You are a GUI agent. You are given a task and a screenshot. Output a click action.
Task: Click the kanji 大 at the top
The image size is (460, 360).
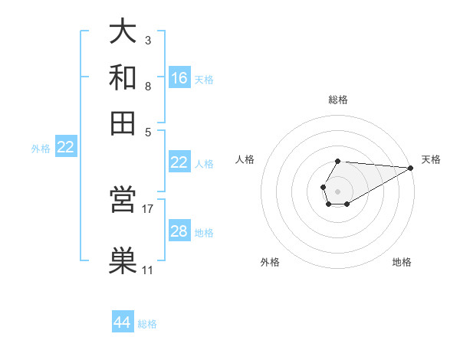coord(123,33)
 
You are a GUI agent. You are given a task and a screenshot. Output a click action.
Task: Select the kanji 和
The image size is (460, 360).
coord(123,78)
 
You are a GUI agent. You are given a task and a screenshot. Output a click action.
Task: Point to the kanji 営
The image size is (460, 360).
coord(123,202)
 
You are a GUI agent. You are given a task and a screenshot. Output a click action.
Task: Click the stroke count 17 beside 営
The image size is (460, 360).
coord(148,208)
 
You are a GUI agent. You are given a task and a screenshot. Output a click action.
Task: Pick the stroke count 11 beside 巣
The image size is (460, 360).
coord(148,270)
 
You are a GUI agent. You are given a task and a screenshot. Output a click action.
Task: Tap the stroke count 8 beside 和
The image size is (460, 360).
coord(148,86)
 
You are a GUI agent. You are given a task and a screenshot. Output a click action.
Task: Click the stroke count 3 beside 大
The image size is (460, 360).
coord(148,39)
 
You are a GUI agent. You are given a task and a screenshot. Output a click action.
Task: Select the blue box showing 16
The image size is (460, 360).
coord(179,78)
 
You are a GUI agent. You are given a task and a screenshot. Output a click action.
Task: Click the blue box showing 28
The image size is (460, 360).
coord(179,231)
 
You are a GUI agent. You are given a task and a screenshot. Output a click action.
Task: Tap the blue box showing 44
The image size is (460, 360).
coord(123,323)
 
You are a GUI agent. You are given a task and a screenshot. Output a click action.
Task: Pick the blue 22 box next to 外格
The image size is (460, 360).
coord(66,148)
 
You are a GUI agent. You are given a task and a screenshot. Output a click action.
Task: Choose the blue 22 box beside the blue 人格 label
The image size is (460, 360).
coord(179,162)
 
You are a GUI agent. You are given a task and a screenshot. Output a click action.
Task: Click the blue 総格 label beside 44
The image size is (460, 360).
coord(148,324)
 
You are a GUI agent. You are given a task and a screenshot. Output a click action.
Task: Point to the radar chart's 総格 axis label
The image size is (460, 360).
coord(338,100)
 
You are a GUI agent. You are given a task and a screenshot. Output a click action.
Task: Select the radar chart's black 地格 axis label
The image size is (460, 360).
coord(402,263)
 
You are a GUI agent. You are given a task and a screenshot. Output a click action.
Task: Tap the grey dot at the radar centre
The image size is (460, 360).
coord(337,190)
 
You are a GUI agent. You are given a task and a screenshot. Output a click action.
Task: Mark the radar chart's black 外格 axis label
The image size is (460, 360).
coord(270,263)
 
